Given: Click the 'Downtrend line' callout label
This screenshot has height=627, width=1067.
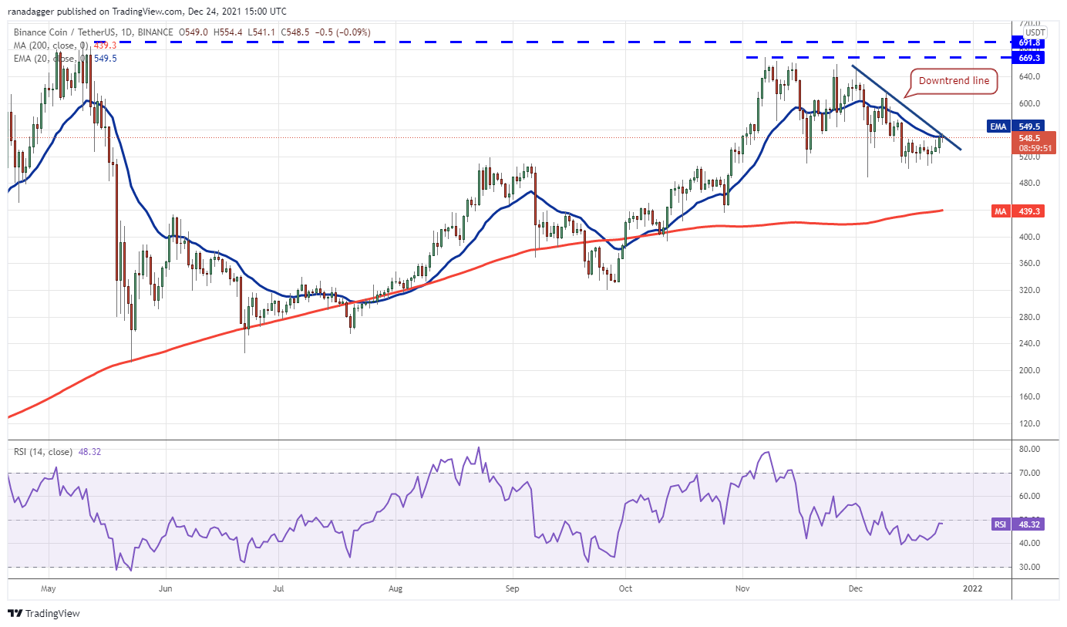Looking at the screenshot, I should (954, 80).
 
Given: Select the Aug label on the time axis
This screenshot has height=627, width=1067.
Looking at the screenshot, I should (395, 588).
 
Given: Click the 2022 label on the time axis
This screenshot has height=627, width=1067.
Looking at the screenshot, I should (973, 588).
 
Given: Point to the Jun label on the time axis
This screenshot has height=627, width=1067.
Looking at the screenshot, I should (165, 588).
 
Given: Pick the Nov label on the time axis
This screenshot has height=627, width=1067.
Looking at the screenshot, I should (742, 588).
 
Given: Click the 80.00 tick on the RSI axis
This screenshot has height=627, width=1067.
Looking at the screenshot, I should (1030, 449).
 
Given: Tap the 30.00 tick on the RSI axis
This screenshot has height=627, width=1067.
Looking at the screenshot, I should (1030, 567).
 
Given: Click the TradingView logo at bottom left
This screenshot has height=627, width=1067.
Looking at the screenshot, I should (44, 614).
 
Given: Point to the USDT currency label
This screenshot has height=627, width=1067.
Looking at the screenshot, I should (1034, 32).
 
